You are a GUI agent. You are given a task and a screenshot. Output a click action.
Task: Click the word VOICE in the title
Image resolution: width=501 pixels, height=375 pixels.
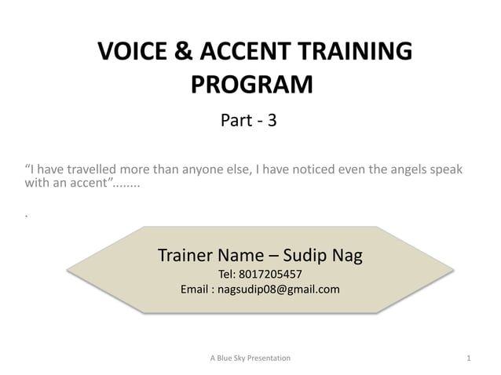[130, 52]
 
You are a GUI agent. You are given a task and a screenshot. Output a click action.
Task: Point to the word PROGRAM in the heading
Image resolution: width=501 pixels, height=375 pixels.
[252, 84]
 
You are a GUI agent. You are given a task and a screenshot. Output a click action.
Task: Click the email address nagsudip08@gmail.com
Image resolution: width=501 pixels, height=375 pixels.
[279, 289]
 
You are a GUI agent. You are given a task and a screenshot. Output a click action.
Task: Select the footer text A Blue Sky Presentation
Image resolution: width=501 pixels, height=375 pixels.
[251, 359]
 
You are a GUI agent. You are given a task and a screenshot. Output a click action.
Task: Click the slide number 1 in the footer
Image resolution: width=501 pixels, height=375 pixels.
[468, 359]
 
